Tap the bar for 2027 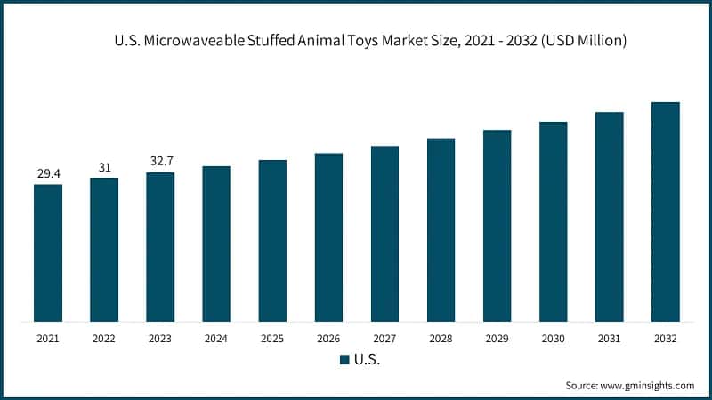[x=384, y=233]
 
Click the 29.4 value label [x=48, y=173]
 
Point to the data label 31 [x=104, y=167]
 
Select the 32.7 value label [x=160, y=162]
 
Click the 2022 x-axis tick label [x=104, y=339]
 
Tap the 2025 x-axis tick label [x=272, y=339]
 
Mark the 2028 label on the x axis [x=441, y=339]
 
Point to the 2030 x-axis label [x=553, y=339]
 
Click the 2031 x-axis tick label [x=609, y=339]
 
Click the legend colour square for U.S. [x=344, y=360]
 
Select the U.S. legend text [x=367, y=360]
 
